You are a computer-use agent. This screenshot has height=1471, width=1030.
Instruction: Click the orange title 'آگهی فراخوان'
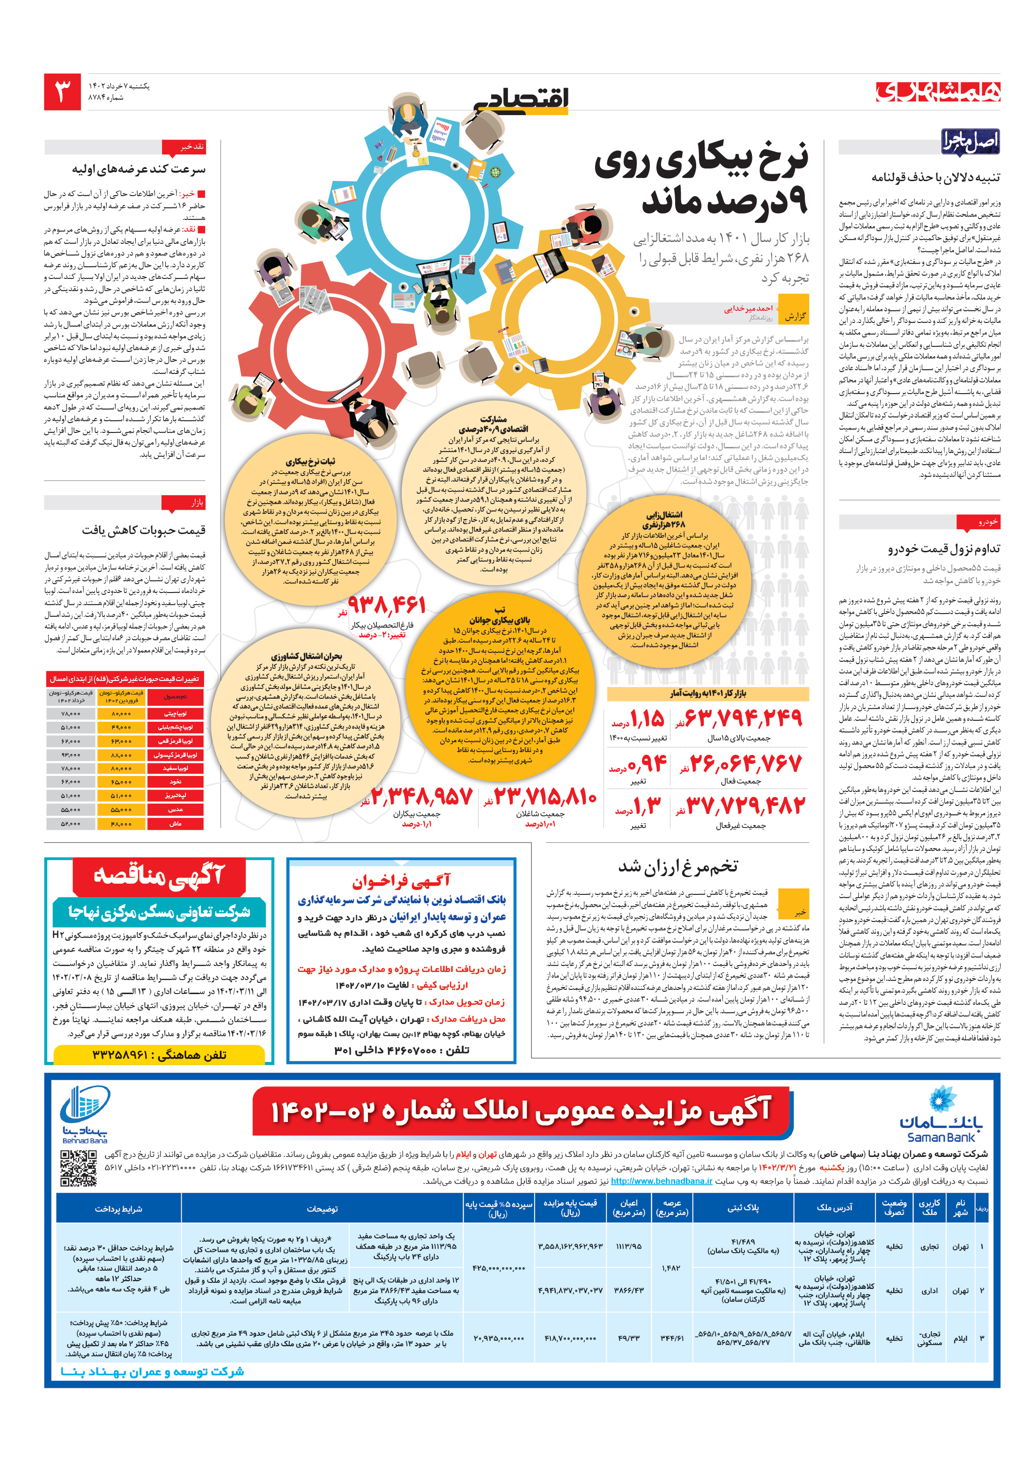tap(401, 882)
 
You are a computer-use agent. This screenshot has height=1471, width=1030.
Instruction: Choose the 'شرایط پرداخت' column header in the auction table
tap(118, 1209)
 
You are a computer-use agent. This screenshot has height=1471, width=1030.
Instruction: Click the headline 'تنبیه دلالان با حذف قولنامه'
tap(935, 177)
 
